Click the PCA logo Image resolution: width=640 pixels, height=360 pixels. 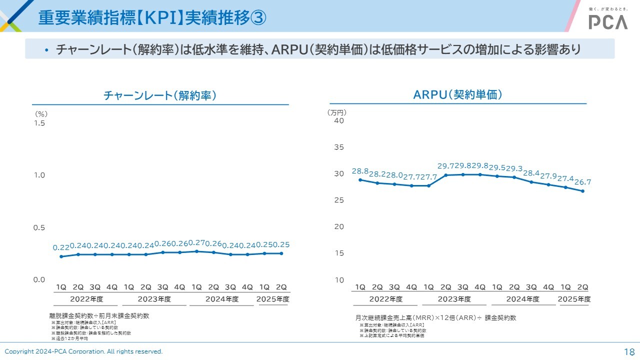pyautogui.click(x=607, y=21)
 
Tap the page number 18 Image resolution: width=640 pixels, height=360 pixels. pyautogui.click(x=629, y=351)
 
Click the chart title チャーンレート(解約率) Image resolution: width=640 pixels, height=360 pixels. pyautogui.click(x=160, y=95)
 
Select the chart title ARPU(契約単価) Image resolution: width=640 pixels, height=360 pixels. pyautogui.click(x=457, y=94)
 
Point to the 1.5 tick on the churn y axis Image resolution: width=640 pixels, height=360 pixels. pyautogui.click(x=39, y=123)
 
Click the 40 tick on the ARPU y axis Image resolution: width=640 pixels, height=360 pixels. pyautogui.click(x=339, y=120)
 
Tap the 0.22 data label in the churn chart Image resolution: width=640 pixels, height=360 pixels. pyautogui.click(x=61, y=247)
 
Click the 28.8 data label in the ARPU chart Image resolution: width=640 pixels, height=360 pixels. pyautogui.click(x=360, y=171)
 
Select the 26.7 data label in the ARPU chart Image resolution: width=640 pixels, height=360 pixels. pyautogui.click(x=582, y=182)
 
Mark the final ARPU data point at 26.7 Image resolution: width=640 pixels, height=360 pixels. pyautogui.click(x=582, y=191)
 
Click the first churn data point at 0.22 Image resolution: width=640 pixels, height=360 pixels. pyautogui.click(x=61, y=256)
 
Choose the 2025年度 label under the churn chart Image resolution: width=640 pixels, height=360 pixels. pyautogui.click(x=273, y=299)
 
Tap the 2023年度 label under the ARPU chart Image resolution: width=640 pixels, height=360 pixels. pyautogui.click(x=454, y=299)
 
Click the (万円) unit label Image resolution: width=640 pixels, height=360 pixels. pyautogui.click(x=336, y=112)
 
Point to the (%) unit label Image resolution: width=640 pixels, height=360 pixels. pyautogui.click(x=41, y=114)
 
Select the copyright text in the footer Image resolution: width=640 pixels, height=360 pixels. pyautogui.click(x=83, y=351)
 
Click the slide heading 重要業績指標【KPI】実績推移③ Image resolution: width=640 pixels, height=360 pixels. pyautogui.click(x=152, y=18)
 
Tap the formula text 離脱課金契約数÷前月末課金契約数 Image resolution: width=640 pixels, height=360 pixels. pyautogui.click(x=99, y=316)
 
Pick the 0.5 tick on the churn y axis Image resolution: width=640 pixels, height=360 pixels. pyautogui.click(x=39, y=227)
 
